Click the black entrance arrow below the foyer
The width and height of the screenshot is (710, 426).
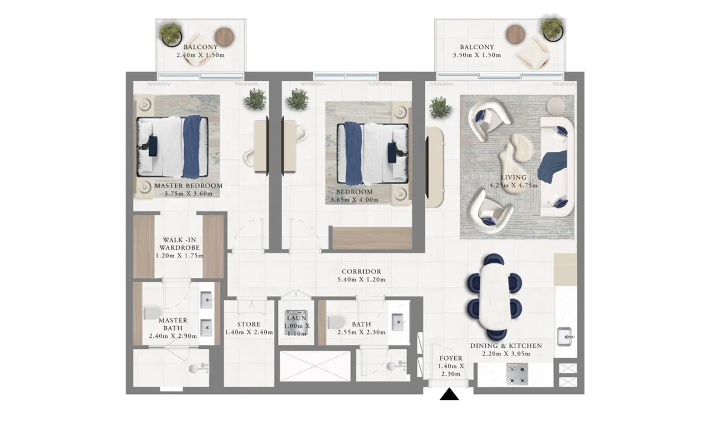(x=449, y=394)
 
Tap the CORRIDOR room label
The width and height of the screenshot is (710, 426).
(x=361, y=272)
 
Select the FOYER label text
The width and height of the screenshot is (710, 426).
(x=451, y=358)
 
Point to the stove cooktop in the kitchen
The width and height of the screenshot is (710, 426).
(x=517, y=374)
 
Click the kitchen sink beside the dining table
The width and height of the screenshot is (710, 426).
(x=565, y=337)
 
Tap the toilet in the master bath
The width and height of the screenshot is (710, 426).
(x=153, y=313)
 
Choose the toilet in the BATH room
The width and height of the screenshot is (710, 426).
(x=336, y=322)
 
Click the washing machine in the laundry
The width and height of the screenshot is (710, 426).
(x=297, y=323)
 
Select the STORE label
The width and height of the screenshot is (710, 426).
(x=249, y=324)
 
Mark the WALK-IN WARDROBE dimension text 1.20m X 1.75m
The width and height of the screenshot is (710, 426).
(x=179, y=256)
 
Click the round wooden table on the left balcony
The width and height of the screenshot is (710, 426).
(x=224, y=37)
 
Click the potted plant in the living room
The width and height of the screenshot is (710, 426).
(x=440, y=108)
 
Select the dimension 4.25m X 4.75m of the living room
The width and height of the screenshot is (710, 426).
(x=514, y=185)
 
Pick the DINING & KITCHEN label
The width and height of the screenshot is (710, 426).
(x=506, y=346)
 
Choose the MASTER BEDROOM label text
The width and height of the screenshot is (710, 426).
(x=188, y=186)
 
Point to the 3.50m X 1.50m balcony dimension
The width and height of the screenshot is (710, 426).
(x=476, y=55)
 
